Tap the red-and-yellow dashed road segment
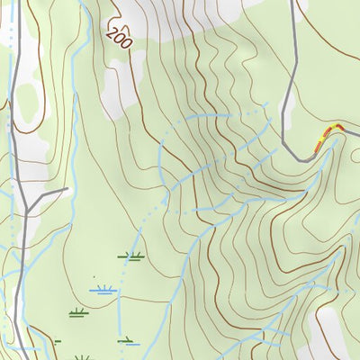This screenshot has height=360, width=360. tap(327, 136)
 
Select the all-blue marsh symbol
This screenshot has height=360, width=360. tap(103, 290)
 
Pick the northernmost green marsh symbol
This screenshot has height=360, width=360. tap(130, 256)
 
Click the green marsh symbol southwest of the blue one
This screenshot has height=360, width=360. tap(77, 313)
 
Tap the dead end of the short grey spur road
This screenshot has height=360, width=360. tap(68, 190)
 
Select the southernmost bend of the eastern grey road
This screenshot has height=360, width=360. tap(306, 158)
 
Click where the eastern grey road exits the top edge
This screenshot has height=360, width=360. tap(293, 2)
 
